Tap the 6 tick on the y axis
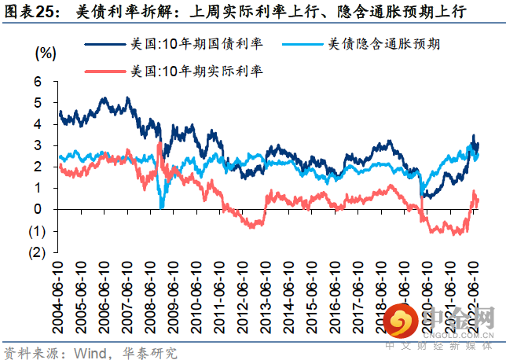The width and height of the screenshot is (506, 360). point(37,81)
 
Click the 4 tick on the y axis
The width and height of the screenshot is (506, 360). point(37,124)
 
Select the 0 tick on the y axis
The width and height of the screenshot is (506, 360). point(37,209)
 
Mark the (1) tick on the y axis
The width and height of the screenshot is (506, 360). point(36,231)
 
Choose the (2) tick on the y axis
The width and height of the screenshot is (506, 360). point(36,252)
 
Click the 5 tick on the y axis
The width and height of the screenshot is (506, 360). point(37,102)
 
